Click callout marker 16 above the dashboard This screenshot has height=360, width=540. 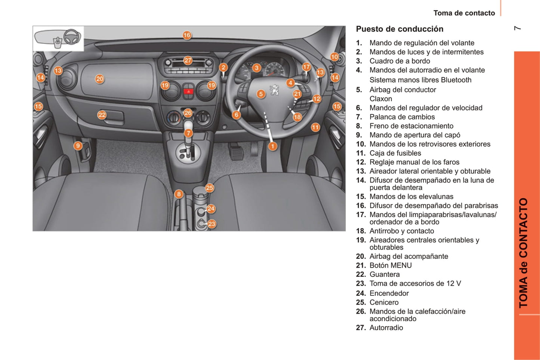click(187, 35)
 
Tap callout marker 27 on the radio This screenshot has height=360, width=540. click(188, 60)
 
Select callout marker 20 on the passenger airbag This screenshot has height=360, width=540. click(99, 79)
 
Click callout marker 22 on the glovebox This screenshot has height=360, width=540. click(102, 115)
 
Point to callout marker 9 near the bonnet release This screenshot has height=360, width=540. click(78, 146)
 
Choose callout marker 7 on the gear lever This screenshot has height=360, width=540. click(188, 133)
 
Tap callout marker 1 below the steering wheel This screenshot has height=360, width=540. click(272, 146)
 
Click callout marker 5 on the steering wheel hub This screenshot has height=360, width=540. click(261, 94)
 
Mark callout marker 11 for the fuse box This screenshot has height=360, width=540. click(315, 127)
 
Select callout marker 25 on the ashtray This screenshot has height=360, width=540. click(209, 188)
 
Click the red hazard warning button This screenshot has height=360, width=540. click(188, 91)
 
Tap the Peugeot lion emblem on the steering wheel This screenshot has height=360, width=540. click(275, 90)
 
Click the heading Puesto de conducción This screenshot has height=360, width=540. click(399, 29)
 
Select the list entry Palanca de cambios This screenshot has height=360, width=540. click(402, 117)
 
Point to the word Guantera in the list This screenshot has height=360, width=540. click(385, 274)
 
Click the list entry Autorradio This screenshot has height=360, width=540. click(386, 328)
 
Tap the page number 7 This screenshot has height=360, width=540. click(517, 28)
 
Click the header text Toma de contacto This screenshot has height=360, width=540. click(464, 13)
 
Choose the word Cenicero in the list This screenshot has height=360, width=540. click(384, 302)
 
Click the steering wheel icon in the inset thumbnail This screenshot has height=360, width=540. click(72, 37)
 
